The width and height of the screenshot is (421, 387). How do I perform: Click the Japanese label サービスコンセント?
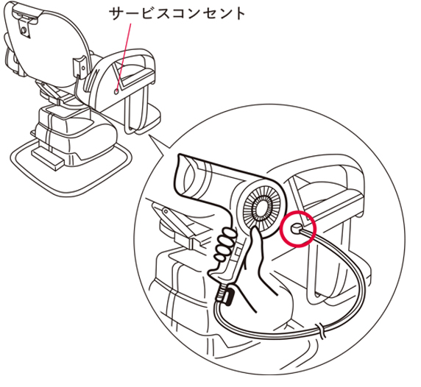click(x=177, y=14)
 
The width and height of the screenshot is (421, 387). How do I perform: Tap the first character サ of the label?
click(x=117, y=14)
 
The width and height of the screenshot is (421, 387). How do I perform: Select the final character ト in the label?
click(x=238, y=14)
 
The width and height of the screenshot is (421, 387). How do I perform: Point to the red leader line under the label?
click(x=124, y=56)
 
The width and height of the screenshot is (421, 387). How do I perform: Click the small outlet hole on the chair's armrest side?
click(x=116, y=91)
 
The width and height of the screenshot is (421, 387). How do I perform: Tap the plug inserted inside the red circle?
click(x=297, y=229)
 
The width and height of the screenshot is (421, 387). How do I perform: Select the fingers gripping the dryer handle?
click(x=224, y=245)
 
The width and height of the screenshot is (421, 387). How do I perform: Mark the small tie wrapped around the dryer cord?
click(x=320, y=330)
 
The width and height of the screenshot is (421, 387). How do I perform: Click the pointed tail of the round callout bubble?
click(x=149, y=135)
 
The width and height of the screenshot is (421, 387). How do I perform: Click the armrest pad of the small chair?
click(x=137, y=76)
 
